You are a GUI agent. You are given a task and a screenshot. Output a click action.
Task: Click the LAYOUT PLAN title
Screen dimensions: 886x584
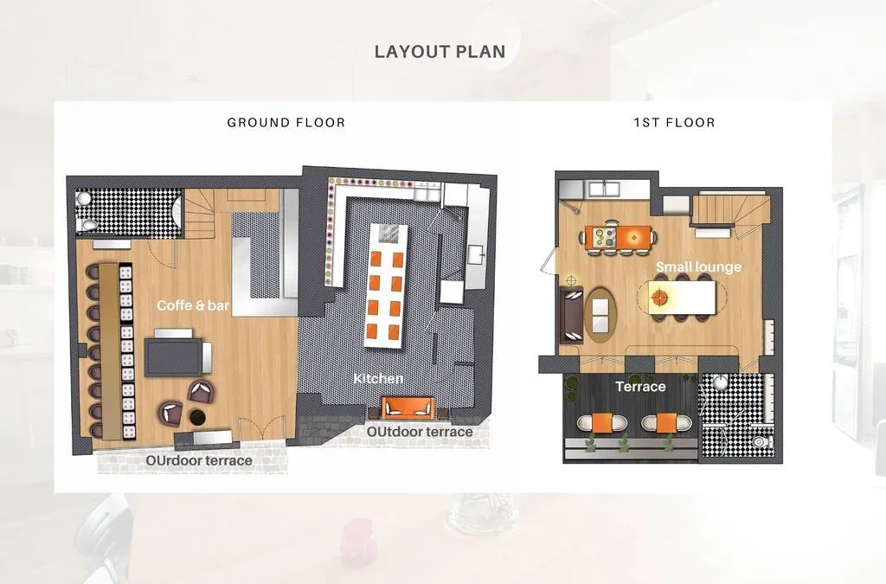[440, 51]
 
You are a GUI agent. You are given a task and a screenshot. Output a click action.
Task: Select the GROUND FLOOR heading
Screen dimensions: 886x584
[286, 123]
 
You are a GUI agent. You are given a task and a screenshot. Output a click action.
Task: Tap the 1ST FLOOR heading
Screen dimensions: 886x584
[675, 123]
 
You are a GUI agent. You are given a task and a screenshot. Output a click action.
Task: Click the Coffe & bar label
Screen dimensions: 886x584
[193, 305]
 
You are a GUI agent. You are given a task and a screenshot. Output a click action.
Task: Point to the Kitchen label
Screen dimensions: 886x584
[379, 378]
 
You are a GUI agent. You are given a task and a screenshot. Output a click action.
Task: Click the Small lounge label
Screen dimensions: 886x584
[698, 267]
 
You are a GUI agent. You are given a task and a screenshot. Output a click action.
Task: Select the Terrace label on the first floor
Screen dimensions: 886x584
[640, 387]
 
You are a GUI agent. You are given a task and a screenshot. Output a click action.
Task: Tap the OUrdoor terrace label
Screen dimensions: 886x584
[199, 461]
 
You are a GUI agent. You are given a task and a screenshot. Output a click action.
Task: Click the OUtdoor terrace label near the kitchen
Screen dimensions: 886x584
[420, 432]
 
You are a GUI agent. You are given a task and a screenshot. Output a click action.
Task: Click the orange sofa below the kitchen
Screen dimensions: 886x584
[408, 408]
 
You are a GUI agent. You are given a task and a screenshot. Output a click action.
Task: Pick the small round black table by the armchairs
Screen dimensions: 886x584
[197, 417]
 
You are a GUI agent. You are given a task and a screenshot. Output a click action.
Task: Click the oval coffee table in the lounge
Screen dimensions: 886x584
[600, 315]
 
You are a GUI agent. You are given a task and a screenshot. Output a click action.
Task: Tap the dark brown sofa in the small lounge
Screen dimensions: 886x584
[571, 315]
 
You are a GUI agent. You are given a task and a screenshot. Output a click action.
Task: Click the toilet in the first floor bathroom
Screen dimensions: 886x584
[763, 441]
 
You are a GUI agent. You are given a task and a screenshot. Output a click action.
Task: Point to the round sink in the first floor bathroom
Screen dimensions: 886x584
[720, 383]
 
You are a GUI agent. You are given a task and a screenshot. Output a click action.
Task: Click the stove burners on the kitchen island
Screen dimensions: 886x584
[388, 233]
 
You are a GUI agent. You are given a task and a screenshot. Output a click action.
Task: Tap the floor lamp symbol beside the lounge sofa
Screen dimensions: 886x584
[571, 280]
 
